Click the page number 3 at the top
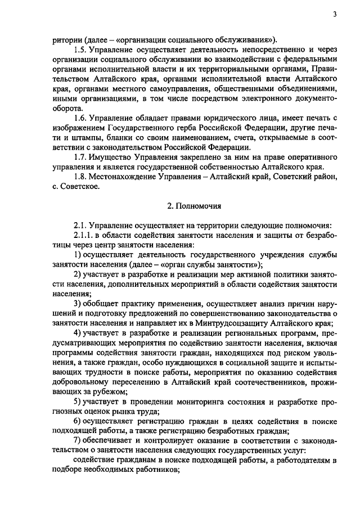[334, 15]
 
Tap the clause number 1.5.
[82, 50]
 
